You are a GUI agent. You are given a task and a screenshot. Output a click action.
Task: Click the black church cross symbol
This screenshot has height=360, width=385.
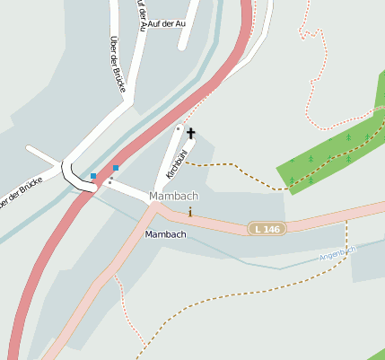(x=190, y=133)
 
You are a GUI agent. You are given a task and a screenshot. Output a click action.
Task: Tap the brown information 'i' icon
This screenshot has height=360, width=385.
(x=190, y=212)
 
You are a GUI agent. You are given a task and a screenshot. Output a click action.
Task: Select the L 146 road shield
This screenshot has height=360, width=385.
(x=266, y=229)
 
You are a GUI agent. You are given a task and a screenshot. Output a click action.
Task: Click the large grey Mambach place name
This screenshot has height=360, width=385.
(x=174, y=196)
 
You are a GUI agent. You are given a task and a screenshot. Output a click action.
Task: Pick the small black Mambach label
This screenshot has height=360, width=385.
(x=165, y=234)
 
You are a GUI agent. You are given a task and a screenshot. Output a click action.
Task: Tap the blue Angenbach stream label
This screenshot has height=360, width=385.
(x=337, y=254)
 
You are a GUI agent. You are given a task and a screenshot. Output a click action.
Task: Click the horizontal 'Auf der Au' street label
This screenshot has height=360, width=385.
(x=168, y=23)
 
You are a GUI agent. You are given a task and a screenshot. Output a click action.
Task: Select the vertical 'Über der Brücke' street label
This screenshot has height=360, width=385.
(x=118, y=62)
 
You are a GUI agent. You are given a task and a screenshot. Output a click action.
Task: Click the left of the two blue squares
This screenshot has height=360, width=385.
(x=93, y=176)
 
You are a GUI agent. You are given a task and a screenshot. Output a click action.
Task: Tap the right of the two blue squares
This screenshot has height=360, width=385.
(x=116, y=168)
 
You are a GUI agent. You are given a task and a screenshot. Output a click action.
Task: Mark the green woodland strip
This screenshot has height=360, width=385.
(x=332, y=149)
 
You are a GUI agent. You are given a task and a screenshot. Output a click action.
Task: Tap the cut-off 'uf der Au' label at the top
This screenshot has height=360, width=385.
(x=140, y=15)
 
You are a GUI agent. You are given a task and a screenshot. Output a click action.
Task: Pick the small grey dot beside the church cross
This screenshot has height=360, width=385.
(x=178, y=129)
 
